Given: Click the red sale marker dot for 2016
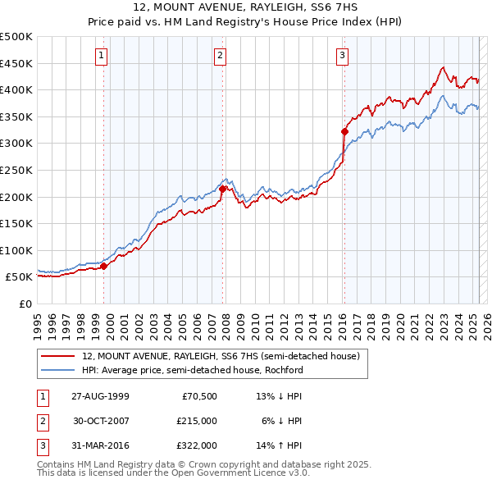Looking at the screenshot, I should tap(344, 131).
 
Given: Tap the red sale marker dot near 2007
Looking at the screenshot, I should tap(222, 189).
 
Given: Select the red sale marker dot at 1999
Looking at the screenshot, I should tap(104, 266).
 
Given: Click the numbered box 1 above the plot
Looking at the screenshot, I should tap(101, 56).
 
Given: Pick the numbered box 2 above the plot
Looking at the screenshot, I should tap(221, 56).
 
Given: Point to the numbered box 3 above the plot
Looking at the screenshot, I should tap(342, 56).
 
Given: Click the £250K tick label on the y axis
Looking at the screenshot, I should tap(16, 170).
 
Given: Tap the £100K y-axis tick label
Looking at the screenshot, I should tap(16, 250).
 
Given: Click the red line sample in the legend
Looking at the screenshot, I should tap(57, 356).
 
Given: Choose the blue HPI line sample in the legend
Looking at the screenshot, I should tap(57, 370).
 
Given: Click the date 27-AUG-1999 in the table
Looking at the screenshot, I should tap(100, 396).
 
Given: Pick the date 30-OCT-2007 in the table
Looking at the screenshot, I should tap(100, 421).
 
